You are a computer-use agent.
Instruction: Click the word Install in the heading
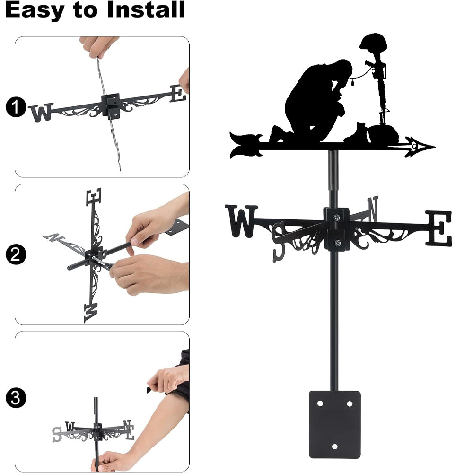click(146, 9)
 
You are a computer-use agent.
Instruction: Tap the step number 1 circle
click(16, 107)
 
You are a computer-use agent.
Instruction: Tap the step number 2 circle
click(16, 255)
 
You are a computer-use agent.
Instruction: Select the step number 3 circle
click(16, 398)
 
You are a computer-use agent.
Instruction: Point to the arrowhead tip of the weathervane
click(435, 147)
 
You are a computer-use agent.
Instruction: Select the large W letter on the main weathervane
click(241, 221)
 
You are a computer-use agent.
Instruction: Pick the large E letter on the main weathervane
click(439, 228)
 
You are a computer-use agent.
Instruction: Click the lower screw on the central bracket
click(338, 243)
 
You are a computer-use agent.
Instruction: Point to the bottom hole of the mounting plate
click(334, 447)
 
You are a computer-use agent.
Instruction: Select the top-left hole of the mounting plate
click(320, 403)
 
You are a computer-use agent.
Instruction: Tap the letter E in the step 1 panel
click(178, 93)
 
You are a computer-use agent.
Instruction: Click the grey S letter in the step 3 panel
click(57, 434)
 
